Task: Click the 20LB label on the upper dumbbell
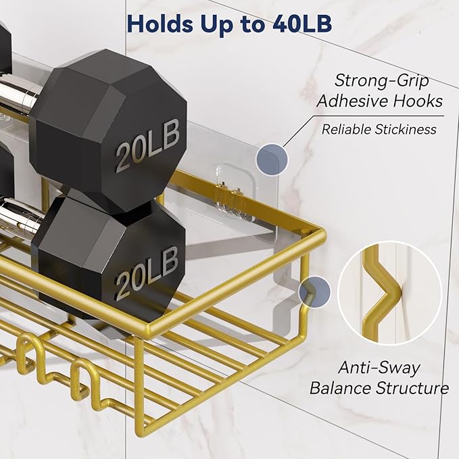tap(147, 145)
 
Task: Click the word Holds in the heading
tap(160, 24)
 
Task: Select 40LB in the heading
tap(302, 24)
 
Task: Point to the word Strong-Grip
tap(381, 81)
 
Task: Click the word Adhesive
tap(352, 101)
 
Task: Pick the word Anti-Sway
tap(379, 368)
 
